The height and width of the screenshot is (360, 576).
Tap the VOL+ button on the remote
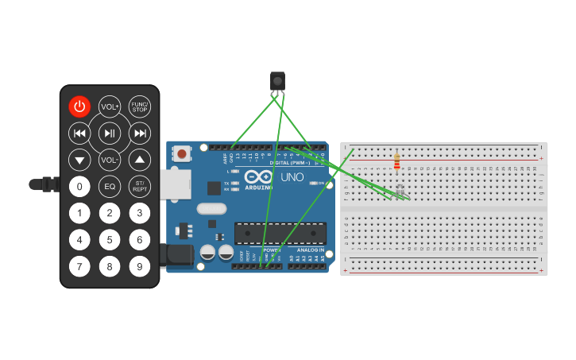point(110,106)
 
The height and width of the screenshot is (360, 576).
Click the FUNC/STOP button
point(140,106)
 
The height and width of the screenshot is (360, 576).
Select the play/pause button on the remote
point(110,134)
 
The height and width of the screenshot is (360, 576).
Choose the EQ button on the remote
point(110,187)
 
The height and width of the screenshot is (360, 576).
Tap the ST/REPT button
point(140,187)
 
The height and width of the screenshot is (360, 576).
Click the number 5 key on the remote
point(110,239)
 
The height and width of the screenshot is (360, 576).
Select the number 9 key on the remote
point(140,266)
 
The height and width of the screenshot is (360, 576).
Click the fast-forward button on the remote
point(140,134)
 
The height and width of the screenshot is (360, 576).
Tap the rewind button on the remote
point(79,134)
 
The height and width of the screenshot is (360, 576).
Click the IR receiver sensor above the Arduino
point(277,82)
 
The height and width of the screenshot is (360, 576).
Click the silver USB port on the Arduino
point(175,184)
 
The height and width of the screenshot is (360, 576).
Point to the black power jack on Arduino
point(176,254)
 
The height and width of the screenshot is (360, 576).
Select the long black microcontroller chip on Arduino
point(280,233)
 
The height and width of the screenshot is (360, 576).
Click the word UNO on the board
point(292,176)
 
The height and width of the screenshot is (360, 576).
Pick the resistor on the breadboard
point(397,163)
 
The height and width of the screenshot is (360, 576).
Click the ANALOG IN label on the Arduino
point(310,250)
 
